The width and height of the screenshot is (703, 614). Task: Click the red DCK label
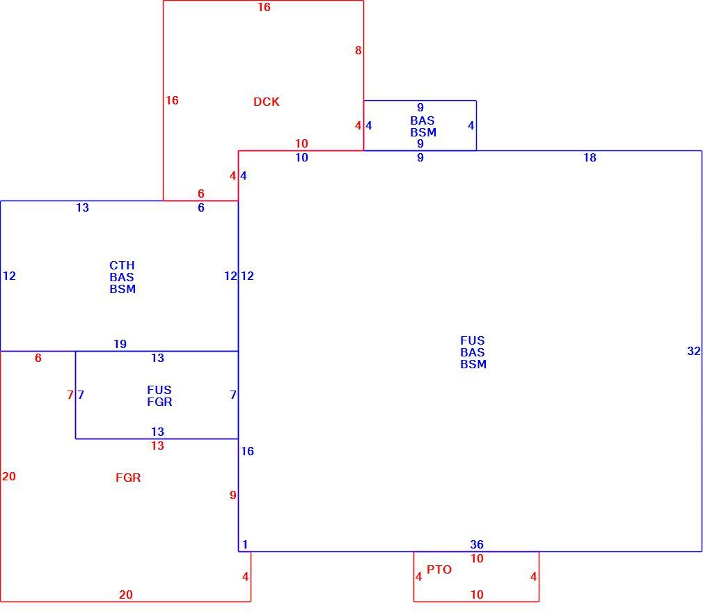coord(267,102)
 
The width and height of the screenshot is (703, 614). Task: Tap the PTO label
coord(439,569)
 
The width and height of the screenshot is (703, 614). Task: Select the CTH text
coord(122,265)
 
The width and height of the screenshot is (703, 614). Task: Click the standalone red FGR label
coord(128,478)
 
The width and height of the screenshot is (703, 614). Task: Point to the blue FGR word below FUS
coord(159,402)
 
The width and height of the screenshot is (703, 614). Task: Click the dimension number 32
coord(693,351)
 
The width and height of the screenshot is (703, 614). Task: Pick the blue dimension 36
coord(477,544)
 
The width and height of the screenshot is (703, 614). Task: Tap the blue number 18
coord(590,157)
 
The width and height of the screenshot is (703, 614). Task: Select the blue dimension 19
coord(120,344)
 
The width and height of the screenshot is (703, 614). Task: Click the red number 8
coord(358,51)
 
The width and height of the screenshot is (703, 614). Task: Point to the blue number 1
coord(245,544)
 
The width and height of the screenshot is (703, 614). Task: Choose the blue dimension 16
coord(247,451)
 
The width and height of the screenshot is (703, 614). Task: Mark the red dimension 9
coord(232,495)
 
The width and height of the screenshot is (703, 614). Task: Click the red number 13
coord(157,446)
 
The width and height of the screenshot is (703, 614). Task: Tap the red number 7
coord(70,395)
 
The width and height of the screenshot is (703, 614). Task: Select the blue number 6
coord(201,207)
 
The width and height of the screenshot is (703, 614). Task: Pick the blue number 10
coord(301,157)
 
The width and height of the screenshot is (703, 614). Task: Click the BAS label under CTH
coord(122,277)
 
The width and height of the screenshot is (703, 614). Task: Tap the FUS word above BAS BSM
coord(473,341)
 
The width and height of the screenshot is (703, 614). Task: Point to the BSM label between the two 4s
coord(423,133)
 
